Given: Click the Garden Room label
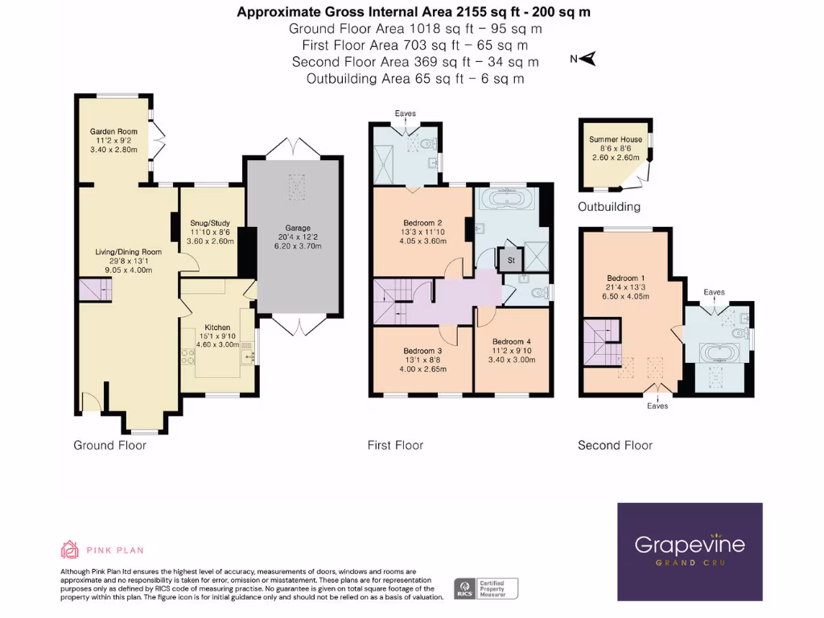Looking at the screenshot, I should click(113, 132).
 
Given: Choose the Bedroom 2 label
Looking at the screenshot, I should click(423, 223).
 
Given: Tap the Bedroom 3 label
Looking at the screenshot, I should click(422, 352).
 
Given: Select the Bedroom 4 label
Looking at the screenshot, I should click(513, 341).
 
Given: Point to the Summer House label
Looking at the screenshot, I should click(616, 140).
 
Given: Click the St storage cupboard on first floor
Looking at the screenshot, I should click(509, 261).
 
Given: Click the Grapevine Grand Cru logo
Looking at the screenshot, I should click(690, 551).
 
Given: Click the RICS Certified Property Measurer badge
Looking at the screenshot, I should click(487, 588).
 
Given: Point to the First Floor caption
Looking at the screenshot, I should click(395, 445).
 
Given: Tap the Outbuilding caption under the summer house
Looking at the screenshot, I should click(609, 207).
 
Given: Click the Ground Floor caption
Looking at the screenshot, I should click(109, 445).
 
